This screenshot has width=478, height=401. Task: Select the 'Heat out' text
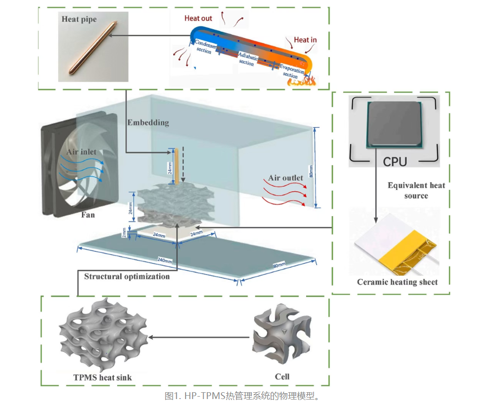tap(198, 19)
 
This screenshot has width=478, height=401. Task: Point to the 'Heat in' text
tap(305, 40)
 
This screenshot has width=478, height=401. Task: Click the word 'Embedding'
tap(148, 122)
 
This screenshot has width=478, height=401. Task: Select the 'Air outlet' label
tap(286, 178)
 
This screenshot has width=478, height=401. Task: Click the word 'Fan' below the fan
tap(88, 214)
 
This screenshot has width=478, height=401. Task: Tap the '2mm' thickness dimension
tap(125, 234)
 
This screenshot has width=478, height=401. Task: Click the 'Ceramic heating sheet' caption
tap(397, 282)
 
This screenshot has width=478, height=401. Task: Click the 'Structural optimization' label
tap(127, 277)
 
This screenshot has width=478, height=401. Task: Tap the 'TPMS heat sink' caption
tap(103, 377)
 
